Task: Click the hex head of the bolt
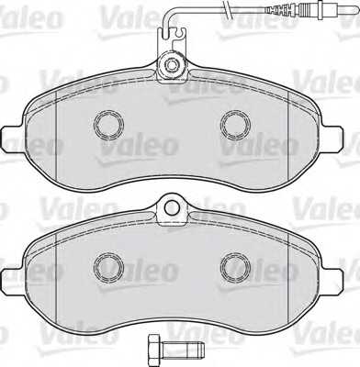(x=152, y=350)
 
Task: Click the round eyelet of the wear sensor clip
(x=172, y=65)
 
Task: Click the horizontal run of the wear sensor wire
(x=239, y=10)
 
